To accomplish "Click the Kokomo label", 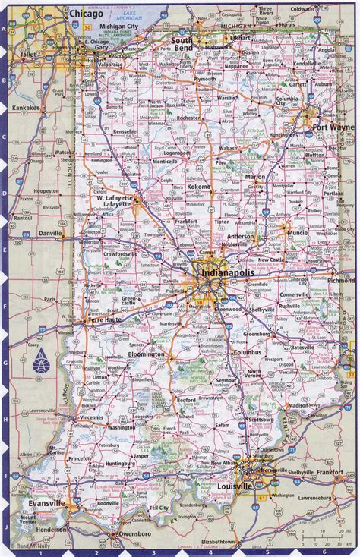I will point(199,186).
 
